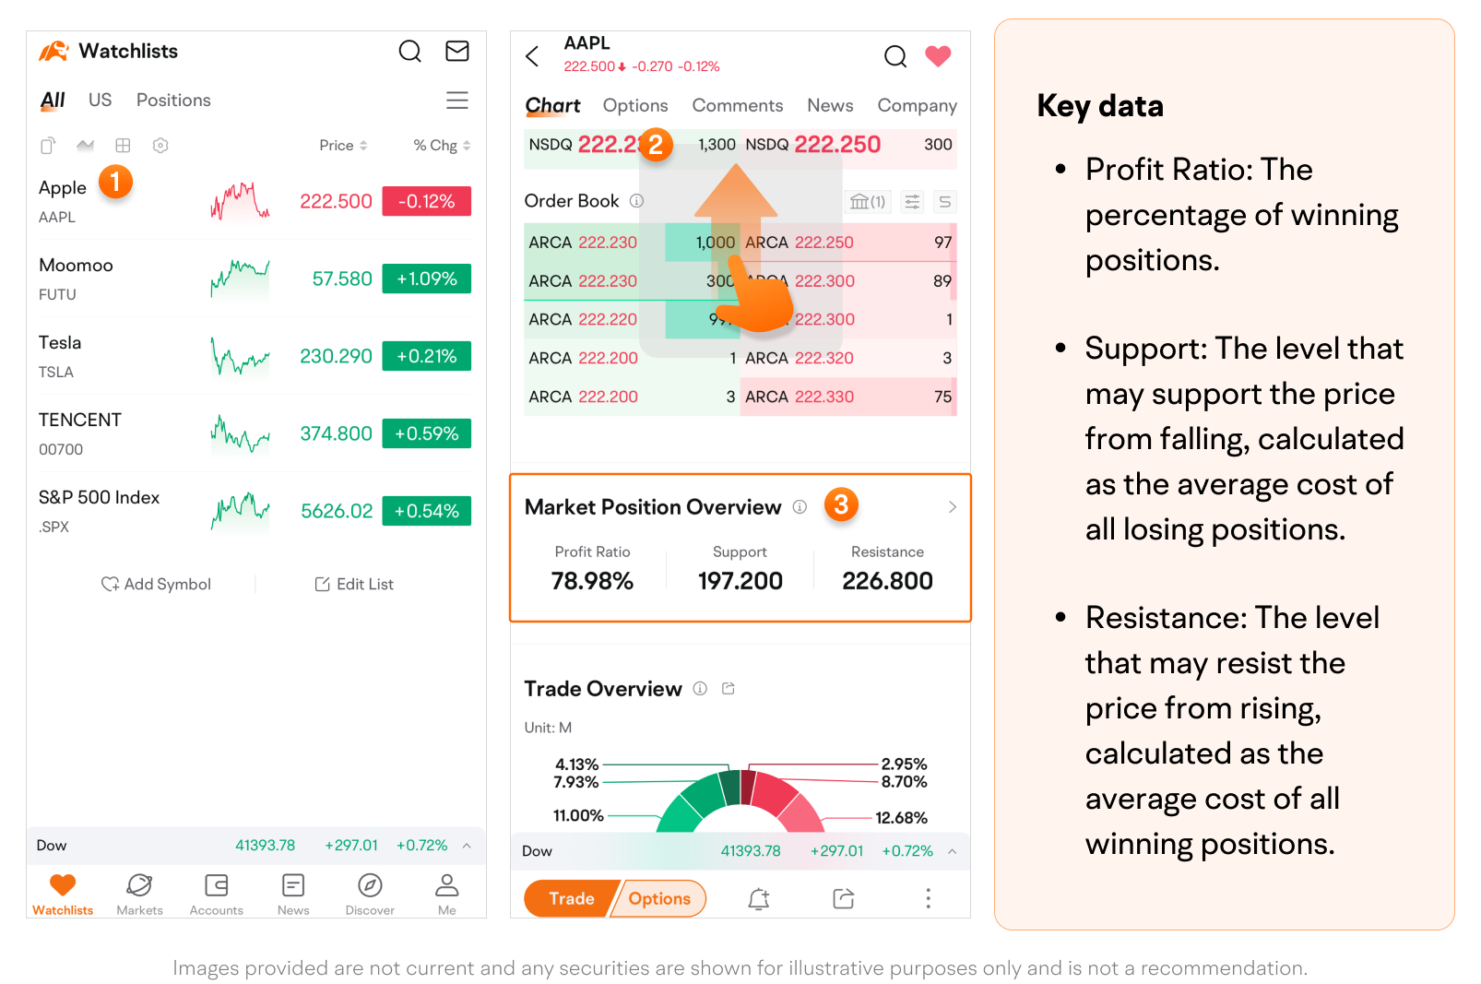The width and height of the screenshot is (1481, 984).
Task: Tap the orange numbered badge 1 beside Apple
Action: [x=115, y=181]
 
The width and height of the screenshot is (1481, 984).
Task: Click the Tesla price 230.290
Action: [x=336, y=356]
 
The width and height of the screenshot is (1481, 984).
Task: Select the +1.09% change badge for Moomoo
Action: [x=426, y=279]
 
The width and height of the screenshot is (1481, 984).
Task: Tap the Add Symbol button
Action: [x=157, y=584]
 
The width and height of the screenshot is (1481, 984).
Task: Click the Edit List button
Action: [x=354, y=584]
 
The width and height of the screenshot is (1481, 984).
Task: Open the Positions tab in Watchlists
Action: [x=173, y=100]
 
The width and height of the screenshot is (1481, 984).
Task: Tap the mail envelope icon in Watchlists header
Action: [x=457, y=51]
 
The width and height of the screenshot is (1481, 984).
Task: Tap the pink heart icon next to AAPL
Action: [x=938, y=56]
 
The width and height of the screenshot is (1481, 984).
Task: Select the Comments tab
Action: [x=737, y=105]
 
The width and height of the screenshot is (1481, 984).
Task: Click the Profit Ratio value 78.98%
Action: [x=592, y=581]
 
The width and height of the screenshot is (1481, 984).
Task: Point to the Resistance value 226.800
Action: [x=887, y=581]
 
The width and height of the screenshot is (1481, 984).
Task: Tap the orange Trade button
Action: [x=570, y=898]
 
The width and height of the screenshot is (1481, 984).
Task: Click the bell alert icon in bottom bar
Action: [x=758, y=898]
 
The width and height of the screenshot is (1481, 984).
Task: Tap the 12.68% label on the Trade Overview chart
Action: [x=901, y=818]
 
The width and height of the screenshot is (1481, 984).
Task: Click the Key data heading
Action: [x=1099, y=106]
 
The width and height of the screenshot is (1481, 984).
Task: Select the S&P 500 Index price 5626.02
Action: [x=337, y=511]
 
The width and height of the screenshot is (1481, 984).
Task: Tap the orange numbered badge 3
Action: [x=841, y=504]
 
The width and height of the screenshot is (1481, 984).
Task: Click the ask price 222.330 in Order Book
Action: [x=824, y=397]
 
